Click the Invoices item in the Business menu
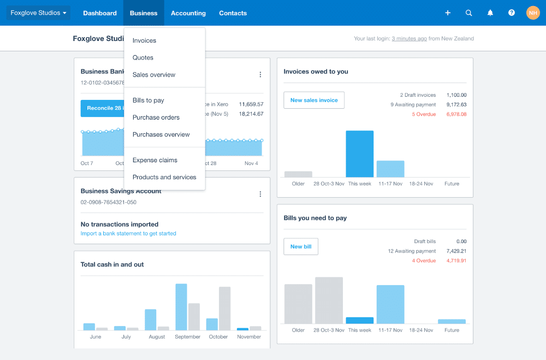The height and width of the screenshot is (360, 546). pyautogui.click(x=144, y=40)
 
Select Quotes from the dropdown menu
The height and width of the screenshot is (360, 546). pyautogui.click(x=143, y=57)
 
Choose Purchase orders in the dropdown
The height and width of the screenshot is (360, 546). pyautogui.click(x=156, y=117)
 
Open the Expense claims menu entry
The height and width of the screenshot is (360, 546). pyautogui.click(x=155, y=160)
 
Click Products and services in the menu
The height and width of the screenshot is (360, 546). pyautogui.click(x=164, y=177)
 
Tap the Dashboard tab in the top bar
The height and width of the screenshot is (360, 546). pyautogui.click(x=100, y=13)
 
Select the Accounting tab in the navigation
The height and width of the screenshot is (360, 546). pyautogui.click(x=188, y=13)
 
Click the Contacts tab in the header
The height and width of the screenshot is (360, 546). pyautogui.click(x=233, y=13)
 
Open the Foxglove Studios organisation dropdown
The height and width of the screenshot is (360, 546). pyautogui.click(x=38, y=13)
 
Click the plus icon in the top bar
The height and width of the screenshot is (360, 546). pyautogui.click(x=448, y=13)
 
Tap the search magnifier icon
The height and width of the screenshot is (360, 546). pyautogui.click(x=469, y=13)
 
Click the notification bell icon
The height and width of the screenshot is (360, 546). pyautogui.click(x=490, y=13)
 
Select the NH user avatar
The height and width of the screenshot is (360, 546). pyautogui.click(x=533, y=13)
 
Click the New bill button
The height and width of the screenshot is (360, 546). pyautogui.click(x=301, y=247)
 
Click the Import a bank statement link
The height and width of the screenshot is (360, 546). pyautogui.click(x=128, y=233)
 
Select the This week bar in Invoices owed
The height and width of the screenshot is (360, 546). pyautogui.click(x=359, y=154)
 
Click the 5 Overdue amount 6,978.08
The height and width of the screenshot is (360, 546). pyautogui.click(x=456, y=114)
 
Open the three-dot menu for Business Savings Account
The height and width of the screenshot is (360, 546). pyautogui.click(x=260, y=194)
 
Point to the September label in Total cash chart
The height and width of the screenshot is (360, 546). pyautogui.click(x=187, y=337)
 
